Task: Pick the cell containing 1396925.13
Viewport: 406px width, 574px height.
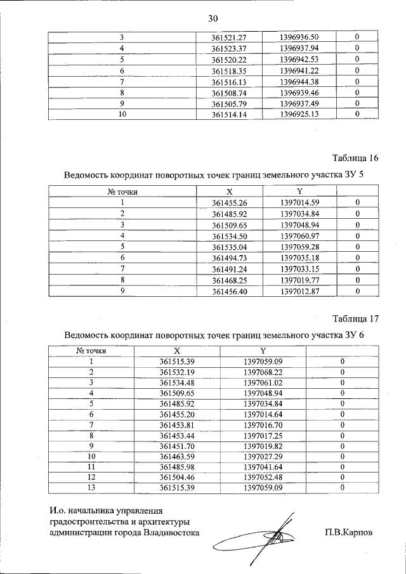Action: point(298,114)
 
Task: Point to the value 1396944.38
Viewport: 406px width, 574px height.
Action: point(298,82)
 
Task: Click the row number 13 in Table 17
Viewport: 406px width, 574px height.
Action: point(91,488)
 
